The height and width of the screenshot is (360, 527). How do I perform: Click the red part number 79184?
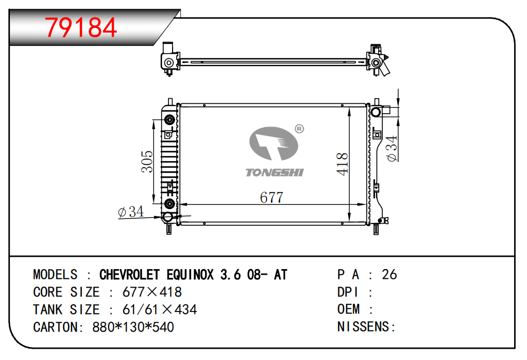pos(81,27)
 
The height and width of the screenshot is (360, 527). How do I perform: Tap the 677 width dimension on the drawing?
pos(272,197)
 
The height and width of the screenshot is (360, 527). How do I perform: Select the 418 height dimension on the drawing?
pos(342,164)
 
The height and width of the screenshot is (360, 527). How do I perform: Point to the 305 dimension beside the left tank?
pos(147,162)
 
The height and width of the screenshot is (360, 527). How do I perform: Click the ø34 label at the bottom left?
pos(131,212)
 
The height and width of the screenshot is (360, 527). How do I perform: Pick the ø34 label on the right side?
pos(392,148)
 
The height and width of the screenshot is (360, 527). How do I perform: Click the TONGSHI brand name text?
pos(274,173)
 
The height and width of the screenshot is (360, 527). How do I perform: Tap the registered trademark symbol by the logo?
pos(299,129)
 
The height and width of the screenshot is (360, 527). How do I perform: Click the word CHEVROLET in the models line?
pos(129,275)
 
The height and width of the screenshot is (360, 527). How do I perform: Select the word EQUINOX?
pos(190,275)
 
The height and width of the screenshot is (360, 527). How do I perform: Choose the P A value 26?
pos(389,275)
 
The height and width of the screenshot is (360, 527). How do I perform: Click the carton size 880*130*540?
pos(133,327)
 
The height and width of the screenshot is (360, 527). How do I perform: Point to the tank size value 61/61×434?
pos(160,309)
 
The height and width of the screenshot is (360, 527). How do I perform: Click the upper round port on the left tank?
pos(169,120)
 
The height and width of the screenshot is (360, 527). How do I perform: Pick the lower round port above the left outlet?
pos(169,204)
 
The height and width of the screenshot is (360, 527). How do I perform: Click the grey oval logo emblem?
pos(274,143)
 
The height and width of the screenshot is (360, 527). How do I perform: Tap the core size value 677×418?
pos(152,292)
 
